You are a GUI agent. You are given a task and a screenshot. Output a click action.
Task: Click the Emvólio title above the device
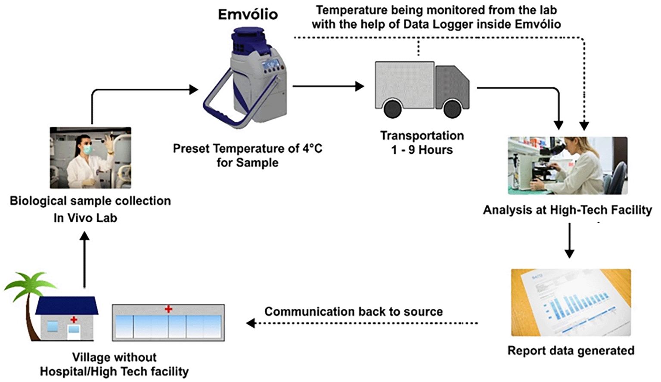pos(248,14)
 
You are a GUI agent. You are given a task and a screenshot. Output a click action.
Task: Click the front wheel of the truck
pos(452,109)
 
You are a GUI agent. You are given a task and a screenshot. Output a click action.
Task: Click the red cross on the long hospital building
pos(168,309)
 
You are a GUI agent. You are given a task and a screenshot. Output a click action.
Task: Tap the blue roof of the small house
pos(67,306)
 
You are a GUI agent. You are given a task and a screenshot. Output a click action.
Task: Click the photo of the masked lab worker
pos(90,158)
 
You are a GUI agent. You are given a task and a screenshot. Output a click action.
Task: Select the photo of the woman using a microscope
pos(567,165)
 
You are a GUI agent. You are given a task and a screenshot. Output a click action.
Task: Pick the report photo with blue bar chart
pos(571,302)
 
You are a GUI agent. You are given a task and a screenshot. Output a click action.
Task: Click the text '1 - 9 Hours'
pos(422,150)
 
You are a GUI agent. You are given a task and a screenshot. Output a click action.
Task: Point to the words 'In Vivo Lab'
pos(85,218)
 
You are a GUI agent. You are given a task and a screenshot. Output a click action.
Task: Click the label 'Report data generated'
pos(571,351)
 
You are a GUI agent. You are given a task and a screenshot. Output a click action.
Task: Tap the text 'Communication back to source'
pos(353,311)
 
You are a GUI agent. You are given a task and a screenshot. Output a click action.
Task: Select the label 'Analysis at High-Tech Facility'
pos(567,210)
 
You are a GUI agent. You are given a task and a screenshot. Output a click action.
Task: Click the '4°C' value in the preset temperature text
pos(311,149)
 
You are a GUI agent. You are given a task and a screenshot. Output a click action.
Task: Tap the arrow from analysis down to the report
pos(569,241)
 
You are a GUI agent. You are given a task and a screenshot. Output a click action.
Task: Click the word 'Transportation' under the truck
pos(422,136)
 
